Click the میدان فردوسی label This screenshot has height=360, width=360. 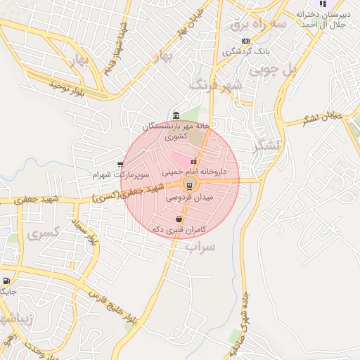(x=188, y=198)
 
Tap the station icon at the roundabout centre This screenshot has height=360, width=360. (x=188, y=185)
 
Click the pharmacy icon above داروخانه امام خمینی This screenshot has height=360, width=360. (x=193, y=162)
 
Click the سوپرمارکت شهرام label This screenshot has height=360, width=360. (x=122, y=174)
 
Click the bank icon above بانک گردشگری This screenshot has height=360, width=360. (x=245, y=41)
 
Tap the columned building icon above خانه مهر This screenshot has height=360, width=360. (x=174, y=115)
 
